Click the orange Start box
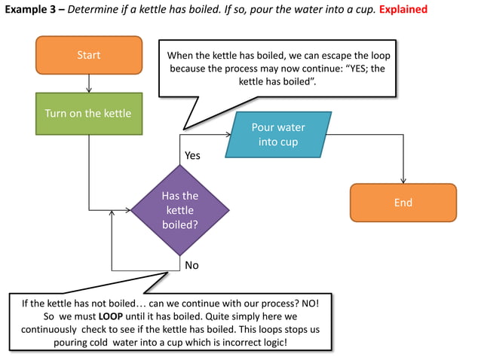(x=89, y=55)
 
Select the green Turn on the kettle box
(x=88, y=114)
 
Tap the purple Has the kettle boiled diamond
(x=179, y=210)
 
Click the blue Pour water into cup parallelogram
(x=278, y=135)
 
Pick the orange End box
(x=403, y=203)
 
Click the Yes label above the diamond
(x=193, y=155)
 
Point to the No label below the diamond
(x=191, y=265)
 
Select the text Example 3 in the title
(x=31, y=10)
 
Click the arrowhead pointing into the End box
(x=403, y=180)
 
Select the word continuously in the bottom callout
(x=51, y=329)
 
